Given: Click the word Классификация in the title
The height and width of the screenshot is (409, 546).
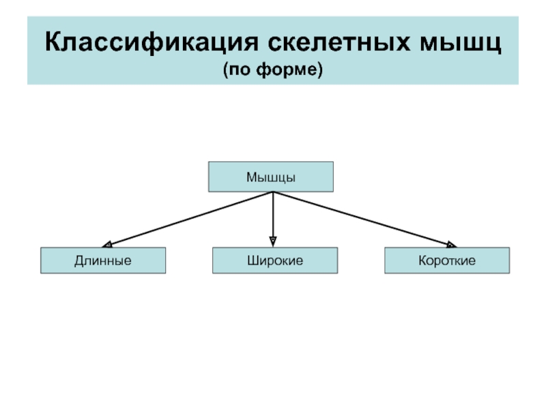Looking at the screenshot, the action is (152, 42).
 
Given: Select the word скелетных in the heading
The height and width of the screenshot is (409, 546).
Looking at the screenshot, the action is (339, 42).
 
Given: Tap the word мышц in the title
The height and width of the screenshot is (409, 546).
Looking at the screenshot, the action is (460, 43).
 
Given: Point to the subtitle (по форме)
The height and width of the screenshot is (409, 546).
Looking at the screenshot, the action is (273, 70).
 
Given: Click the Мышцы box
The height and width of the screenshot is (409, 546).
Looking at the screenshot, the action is (271, 177).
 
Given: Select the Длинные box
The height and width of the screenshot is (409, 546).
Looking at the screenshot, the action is (103, 260).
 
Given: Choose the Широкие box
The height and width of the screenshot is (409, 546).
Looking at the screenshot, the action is (275, 260).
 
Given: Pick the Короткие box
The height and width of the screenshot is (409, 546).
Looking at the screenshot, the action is (447, 260).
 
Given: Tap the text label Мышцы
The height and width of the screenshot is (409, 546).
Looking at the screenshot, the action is (271, 177).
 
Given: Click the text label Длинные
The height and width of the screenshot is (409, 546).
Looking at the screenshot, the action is (103, 260).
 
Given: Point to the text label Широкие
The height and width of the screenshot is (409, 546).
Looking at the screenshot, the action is (275, 260).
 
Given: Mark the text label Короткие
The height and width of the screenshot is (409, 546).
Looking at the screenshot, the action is (447, 260).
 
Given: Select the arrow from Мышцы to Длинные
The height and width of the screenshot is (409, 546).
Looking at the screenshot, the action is (188, 219).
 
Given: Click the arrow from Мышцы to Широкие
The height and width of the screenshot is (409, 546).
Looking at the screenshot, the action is (273, 219).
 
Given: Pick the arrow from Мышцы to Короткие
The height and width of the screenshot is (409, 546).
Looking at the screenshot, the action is (364, 219).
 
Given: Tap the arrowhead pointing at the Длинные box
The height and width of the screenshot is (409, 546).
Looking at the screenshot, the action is (107, 245).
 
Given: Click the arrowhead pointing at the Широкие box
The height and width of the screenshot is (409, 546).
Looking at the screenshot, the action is (273, 242).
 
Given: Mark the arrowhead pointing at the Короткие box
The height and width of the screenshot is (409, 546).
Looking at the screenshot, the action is (451, 245).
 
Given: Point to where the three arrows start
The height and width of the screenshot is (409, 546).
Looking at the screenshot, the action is (273, 192).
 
